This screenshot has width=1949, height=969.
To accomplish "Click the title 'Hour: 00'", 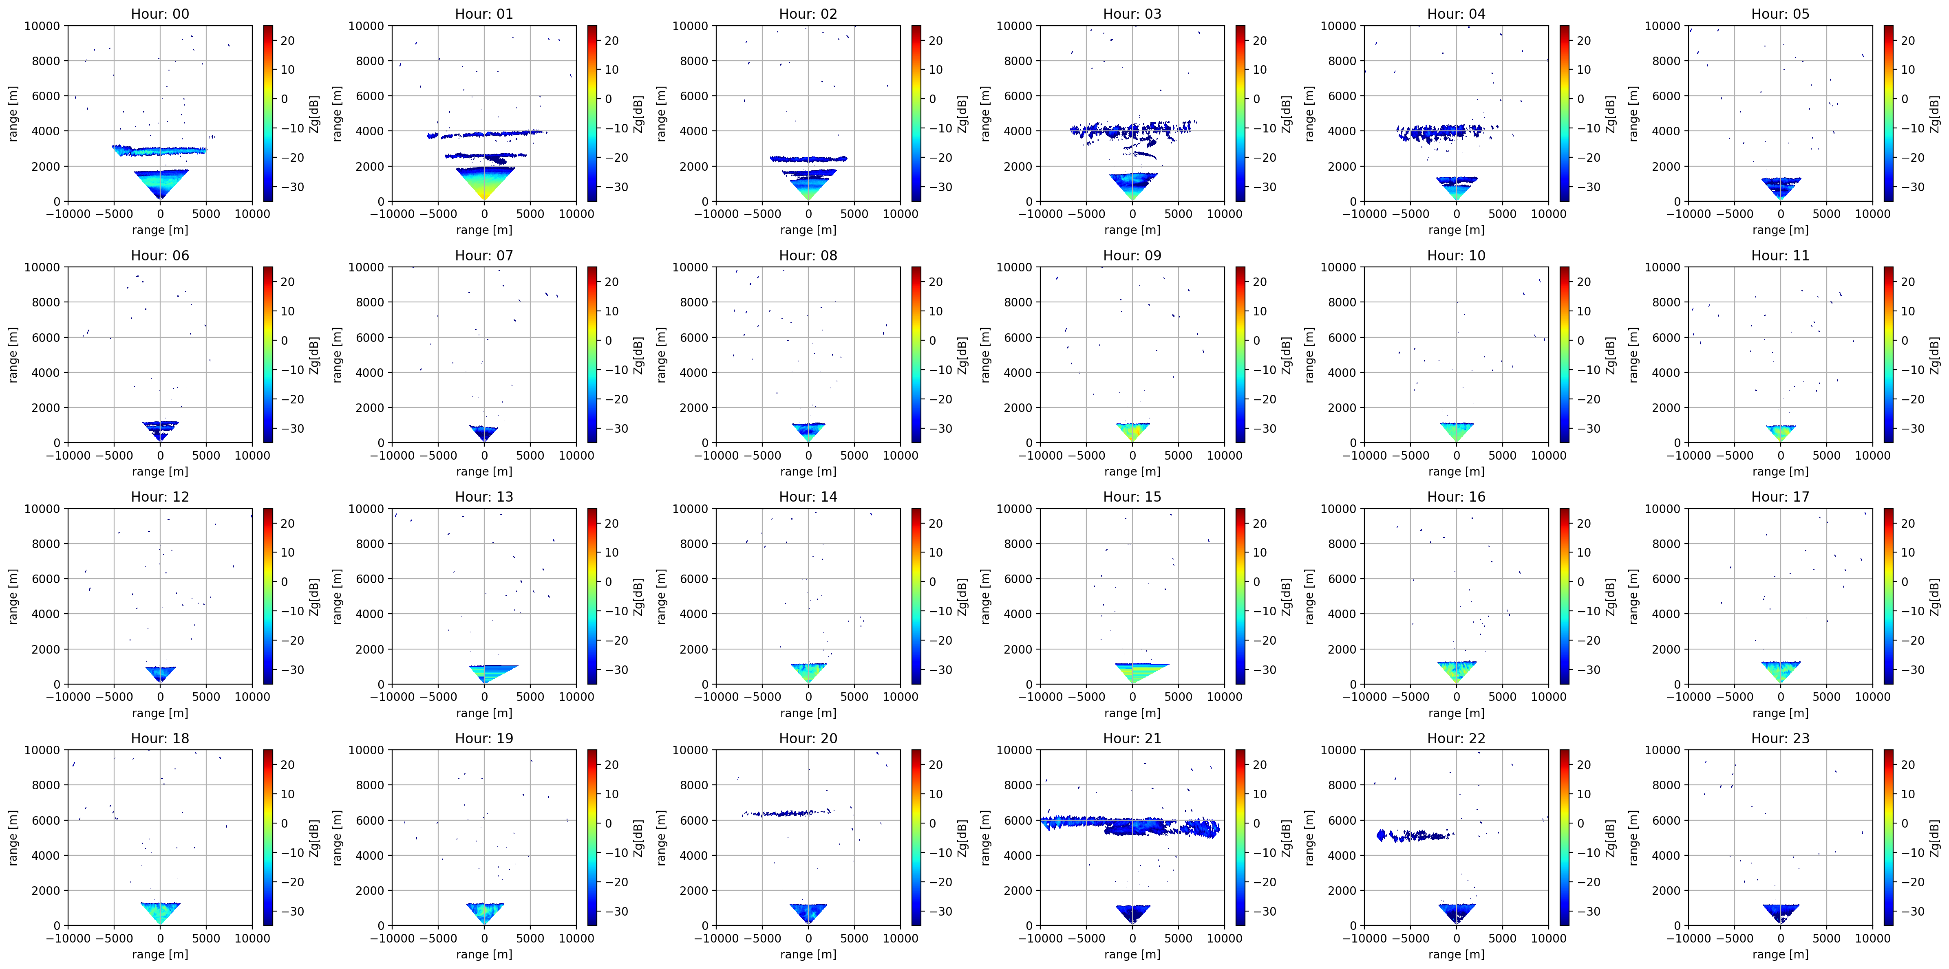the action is tap(160, 13).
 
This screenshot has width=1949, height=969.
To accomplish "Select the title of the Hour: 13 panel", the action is tap(484, 496).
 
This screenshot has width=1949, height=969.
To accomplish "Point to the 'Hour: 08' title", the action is tap(808, 255).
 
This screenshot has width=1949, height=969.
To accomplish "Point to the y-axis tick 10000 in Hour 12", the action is tap(42, 508).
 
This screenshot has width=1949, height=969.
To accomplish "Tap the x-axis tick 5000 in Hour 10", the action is tap(1503, 456).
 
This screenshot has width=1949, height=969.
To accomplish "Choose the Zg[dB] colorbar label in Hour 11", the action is tap(1934, 355).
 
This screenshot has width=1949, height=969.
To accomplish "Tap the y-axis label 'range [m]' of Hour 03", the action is tap(984, 113).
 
